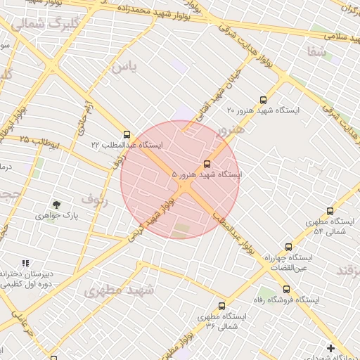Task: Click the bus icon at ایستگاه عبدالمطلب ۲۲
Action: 127,134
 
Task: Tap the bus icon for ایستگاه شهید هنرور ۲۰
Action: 263,100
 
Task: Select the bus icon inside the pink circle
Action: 206,163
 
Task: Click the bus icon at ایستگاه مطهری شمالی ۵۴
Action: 330,211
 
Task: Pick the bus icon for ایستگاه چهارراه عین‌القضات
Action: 288,247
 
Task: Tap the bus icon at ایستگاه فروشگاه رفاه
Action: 286,289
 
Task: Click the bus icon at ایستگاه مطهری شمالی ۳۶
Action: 222,306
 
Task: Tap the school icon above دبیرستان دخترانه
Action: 26,262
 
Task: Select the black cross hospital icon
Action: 330,347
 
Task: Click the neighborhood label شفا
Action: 316,51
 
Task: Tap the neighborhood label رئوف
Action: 94,199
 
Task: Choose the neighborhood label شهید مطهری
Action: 119,289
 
